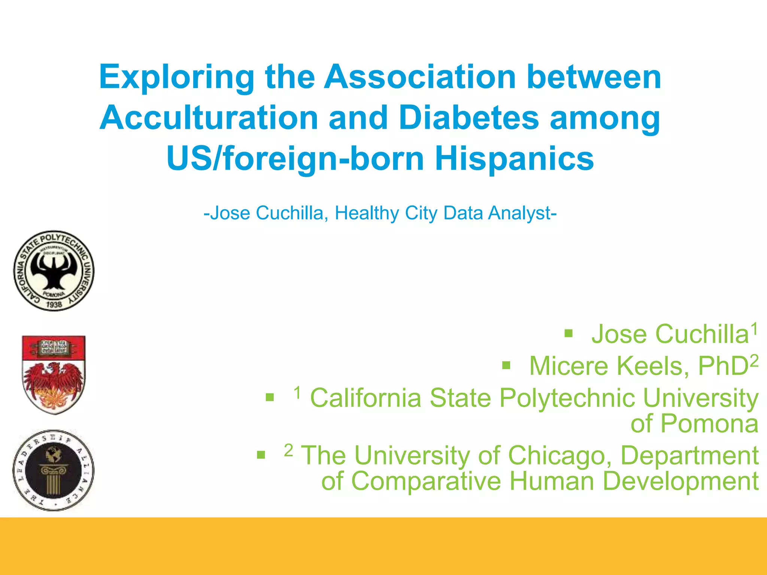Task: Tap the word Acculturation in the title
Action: coord(209,118)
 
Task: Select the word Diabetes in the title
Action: coord(469,118)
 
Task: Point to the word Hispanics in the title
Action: coord(514,159)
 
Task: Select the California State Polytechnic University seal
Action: coord(54,271)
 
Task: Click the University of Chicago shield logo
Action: coord(54,375)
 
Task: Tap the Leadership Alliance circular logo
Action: coord(54,470)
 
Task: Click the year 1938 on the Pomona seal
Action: coord(54,305)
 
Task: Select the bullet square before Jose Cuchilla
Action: coord(569,333)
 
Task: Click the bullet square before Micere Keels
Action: coord(506,365)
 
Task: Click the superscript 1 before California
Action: coord(297,393)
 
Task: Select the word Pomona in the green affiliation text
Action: coord(709,424)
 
